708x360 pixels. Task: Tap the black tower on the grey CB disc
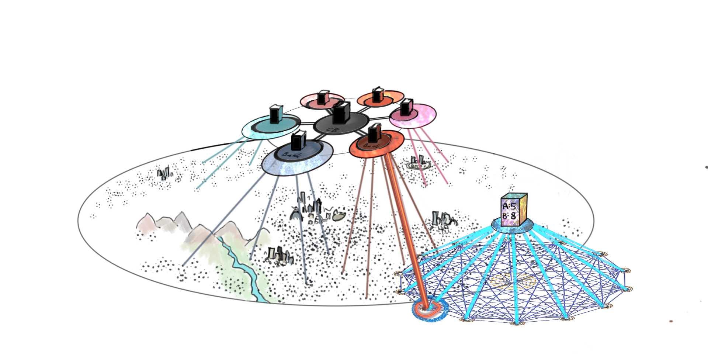[x=341, y=113]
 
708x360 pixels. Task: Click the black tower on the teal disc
[x=275, y=114]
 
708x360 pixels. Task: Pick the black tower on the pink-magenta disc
[x=406, y=107]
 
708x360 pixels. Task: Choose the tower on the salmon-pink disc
[x=322, y=97]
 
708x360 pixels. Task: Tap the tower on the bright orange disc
[x=376, y=95]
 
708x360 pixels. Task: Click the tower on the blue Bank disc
[x=298, y=141]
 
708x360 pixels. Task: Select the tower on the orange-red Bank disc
[x=374, y=134]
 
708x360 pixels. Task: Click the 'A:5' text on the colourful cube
[x=509, y=206]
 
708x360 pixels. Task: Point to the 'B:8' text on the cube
[x=509, y=216]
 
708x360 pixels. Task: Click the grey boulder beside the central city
[x=339, y=217]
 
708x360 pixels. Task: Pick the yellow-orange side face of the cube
[x=523, y=209]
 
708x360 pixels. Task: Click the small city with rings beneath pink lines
[x=419, y=163]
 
